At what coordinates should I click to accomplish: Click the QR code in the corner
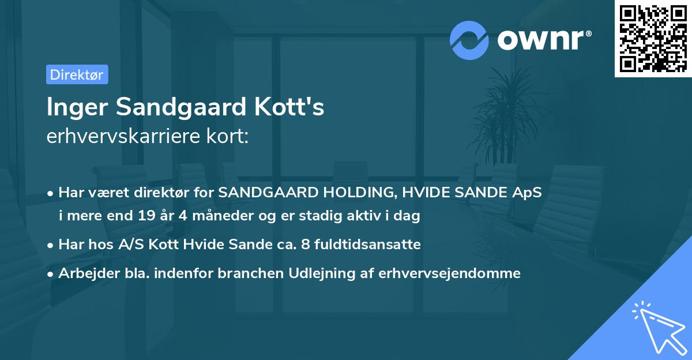(653, 39)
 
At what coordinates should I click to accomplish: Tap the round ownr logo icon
(469, 40)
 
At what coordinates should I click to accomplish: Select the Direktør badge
(77, 74)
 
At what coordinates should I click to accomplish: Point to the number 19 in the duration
(145, 216)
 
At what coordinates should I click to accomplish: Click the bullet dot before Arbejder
(51, 274)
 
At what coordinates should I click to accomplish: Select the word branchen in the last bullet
(244, 273)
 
